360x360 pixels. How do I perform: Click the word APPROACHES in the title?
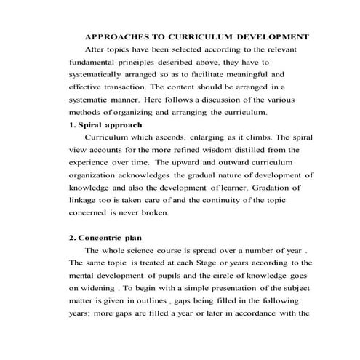click(x=114, y=36)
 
